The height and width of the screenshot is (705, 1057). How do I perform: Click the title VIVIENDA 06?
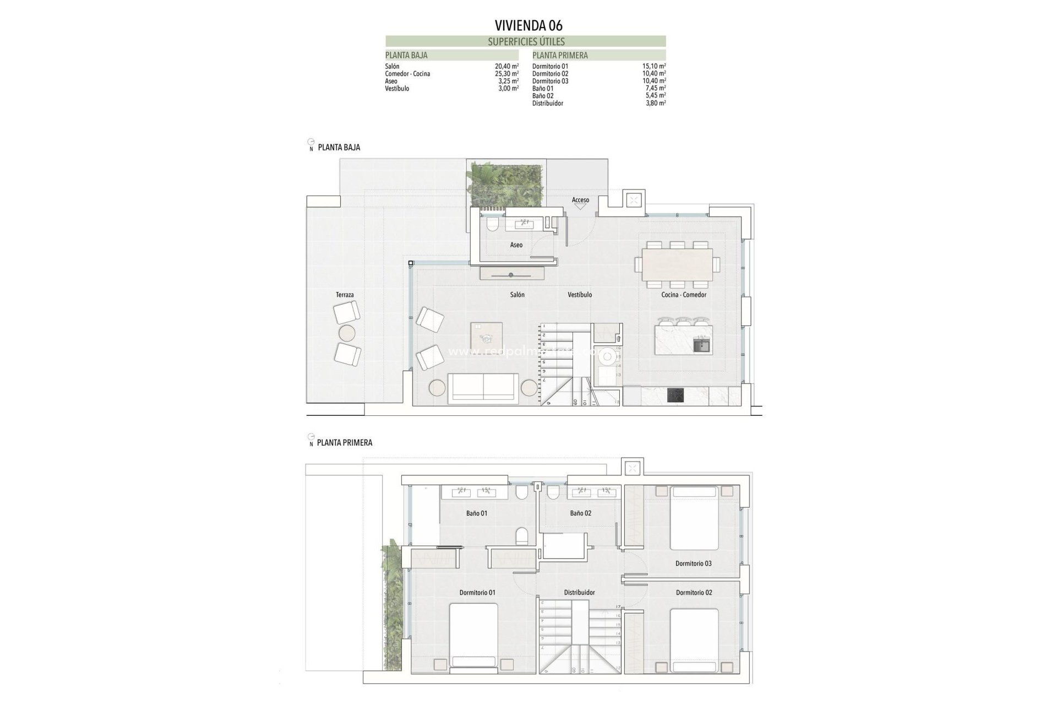pos(528,25)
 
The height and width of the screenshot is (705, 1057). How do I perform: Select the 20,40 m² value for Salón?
pos(506,66)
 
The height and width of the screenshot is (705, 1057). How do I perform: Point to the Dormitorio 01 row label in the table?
pos(550,66)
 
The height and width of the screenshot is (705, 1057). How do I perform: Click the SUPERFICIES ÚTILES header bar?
pos(526,41)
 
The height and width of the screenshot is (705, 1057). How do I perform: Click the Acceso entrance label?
pos(580,200)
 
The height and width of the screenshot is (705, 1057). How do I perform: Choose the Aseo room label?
pos(516,245)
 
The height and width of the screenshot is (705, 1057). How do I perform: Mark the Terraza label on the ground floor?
pos(345,295)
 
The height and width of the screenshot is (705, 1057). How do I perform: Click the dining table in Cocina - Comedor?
pos(677,265)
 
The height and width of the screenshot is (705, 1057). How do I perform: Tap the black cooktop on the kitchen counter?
pos(675,395)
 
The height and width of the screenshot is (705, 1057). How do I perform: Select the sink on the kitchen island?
pos(701,346)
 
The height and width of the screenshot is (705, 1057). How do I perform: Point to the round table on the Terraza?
pos(347,333)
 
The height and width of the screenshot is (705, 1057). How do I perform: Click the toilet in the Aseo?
pos(492,224)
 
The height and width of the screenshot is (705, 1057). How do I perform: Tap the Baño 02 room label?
pos(580,513)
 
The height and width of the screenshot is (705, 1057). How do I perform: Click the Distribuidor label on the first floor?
pos(579,593)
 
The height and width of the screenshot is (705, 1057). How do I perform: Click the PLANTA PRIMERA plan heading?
pos(345,443)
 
